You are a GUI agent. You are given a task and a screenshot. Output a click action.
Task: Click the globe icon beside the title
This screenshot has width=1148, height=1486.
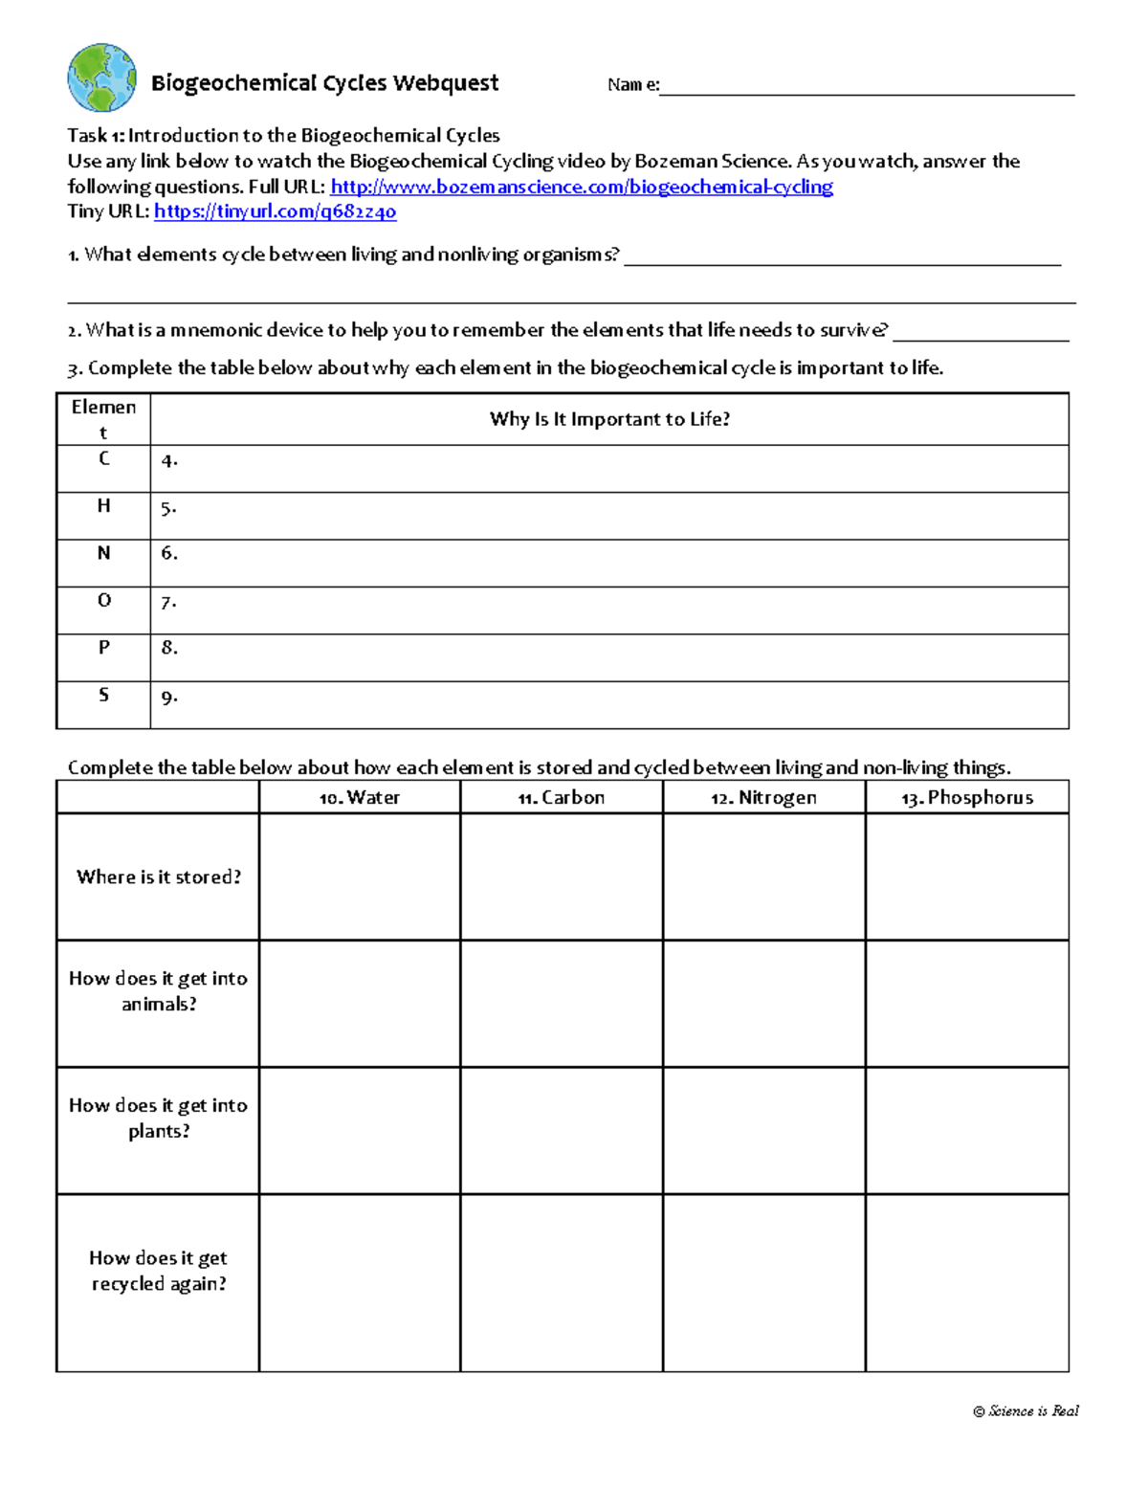(x=101, y=78)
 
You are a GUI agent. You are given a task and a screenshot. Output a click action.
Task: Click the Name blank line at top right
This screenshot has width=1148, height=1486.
(x=866, y=86)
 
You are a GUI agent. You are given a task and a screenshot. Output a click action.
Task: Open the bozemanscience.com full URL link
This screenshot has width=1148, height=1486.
(x=581, y=187)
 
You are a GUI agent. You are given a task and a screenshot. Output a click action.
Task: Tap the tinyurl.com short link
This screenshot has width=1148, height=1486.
(x=275, y=211)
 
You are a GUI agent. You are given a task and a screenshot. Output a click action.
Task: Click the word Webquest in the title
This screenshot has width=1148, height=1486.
(x=445, y=83)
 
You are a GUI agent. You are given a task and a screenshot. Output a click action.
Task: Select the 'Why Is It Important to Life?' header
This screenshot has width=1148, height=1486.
(x=609, y=419)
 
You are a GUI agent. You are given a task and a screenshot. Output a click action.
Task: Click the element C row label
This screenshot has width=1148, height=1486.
(x=104, y=458)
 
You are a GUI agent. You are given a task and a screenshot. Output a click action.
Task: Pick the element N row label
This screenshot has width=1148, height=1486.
(x=104, y=553)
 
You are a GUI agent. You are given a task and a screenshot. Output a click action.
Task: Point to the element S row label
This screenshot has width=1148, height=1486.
(x=104, y=695)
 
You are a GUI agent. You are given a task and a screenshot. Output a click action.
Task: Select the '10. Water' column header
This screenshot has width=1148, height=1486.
(x=360, y=797)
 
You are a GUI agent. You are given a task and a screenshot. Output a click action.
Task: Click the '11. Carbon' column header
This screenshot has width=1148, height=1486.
(x=562, y=797)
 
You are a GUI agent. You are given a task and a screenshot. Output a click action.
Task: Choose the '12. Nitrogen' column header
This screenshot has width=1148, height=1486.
(x=763, y=797)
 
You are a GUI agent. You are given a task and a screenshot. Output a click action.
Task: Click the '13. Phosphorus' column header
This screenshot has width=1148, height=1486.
(x=967, y=797)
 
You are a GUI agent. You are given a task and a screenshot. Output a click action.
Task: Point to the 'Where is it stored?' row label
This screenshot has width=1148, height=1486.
(x=159, y=876)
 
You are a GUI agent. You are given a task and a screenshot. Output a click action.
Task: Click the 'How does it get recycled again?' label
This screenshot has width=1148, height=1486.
(x=159, y=1271)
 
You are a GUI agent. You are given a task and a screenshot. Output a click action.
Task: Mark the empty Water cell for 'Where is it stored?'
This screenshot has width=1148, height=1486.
(x=360, y=876)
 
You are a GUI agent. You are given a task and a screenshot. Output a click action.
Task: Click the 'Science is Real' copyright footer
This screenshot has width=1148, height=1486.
(x=1026, y=1410)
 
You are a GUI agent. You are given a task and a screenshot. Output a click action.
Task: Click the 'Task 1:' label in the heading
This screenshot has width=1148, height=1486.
(x=96, y=136)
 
